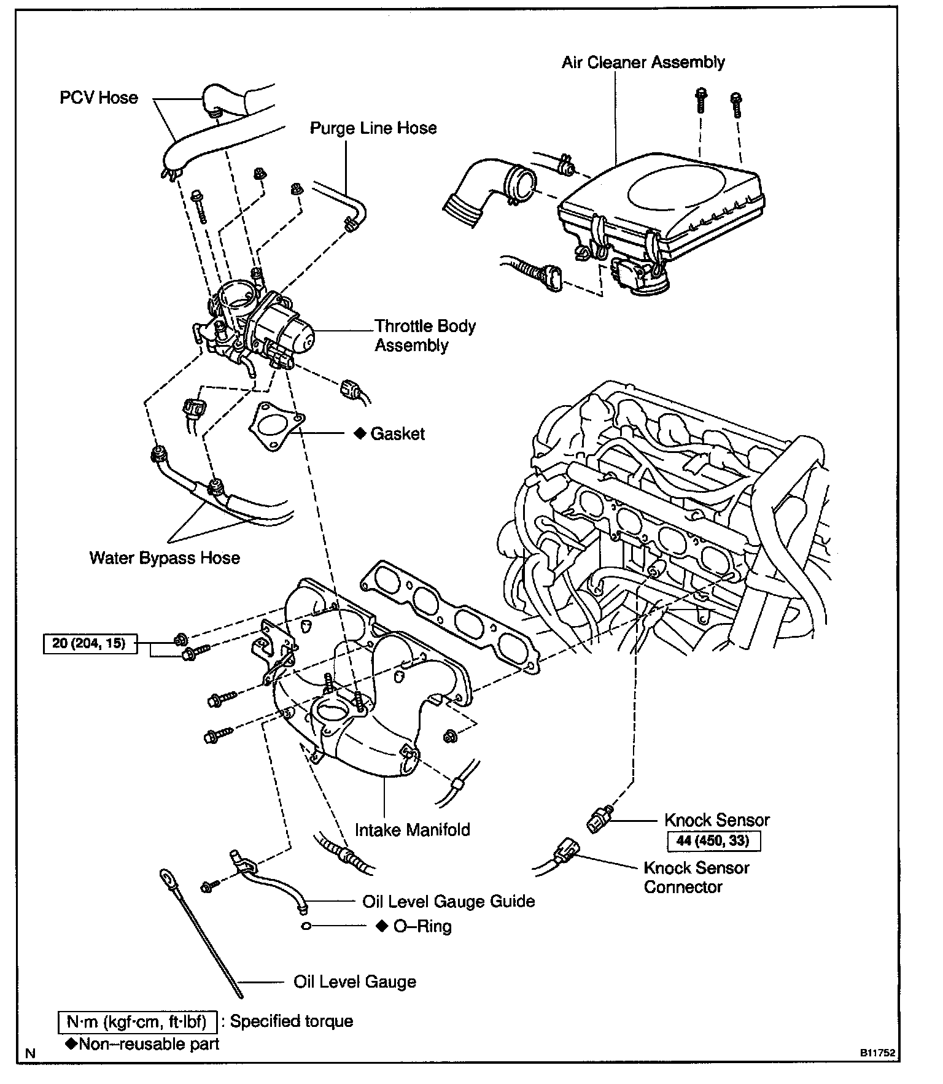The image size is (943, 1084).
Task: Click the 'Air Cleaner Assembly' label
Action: pos(643,63)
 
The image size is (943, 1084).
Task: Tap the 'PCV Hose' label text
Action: pos(99,98)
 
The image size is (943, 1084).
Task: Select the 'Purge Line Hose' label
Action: pos(373,128)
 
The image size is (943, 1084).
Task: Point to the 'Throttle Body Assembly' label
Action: pos(425,336)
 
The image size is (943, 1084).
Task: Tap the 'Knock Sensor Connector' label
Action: pos(696,877)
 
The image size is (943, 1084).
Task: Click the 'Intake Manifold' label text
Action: pos(413,830)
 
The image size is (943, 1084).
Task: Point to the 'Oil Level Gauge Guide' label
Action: pos(449,901)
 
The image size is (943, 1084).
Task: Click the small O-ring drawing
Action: pos(308,926)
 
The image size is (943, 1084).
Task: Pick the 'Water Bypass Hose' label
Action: pos(165,558)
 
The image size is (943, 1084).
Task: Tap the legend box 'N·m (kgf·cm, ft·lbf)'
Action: pos(139,1021)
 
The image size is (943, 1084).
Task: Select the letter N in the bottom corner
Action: pos(31,1053)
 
